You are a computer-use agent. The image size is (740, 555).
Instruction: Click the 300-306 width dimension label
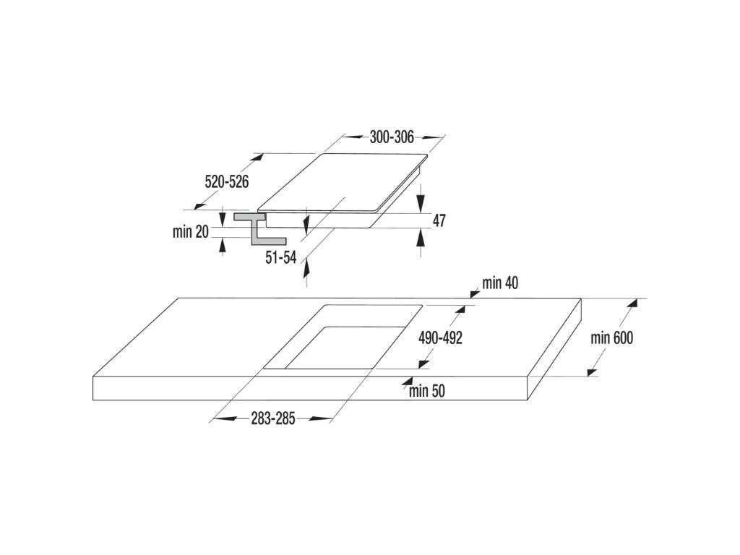coord(391,137)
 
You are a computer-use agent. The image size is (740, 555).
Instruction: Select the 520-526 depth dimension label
coord(226,181)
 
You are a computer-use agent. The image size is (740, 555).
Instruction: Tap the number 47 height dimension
coord(439,220)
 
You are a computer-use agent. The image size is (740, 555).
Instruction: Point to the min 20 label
coord(191,232)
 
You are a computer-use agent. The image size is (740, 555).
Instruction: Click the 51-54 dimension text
coord(281,257)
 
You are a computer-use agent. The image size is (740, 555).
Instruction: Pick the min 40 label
coord(500,283)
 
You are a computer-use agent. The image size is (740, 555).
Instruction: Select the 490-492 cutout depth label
coord(441,337)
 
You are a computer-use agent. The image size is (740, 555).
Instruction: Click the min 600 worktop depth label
coord(611,337)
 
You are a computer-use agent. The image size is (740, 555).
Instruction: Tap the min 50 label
coord(427,391)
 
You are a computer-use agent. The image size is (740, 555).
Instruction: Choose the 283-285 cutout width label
coord(272,418)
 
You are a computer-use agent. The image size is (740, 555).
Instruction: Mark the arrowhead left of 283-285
coord(225,418)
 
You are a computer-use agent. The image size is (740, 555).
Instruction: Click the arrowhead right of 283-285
coord(321,418)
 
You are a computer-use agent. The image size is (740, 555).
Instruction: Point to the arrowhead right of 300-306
coord(431,137)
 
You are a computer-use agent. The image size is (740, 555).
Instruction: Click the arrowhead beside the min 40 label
coord(475,294)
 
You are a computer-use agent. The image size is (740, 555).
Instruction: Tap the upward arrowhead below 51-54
coord(306,268)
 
